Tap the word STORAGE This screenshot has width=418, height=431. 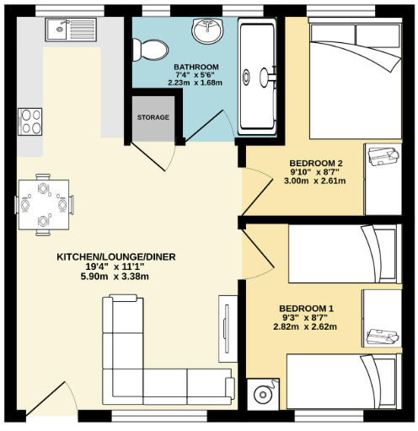coord(153,117)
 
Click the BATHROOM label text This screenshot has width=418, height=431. coord(196,67)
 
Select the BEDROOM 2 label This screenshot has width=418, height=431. coord(316,163)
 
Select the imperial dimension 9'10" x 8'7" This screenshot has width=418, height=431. coord(316,173)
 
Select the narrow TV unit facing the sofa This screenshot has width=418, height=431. coord(225,330)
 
